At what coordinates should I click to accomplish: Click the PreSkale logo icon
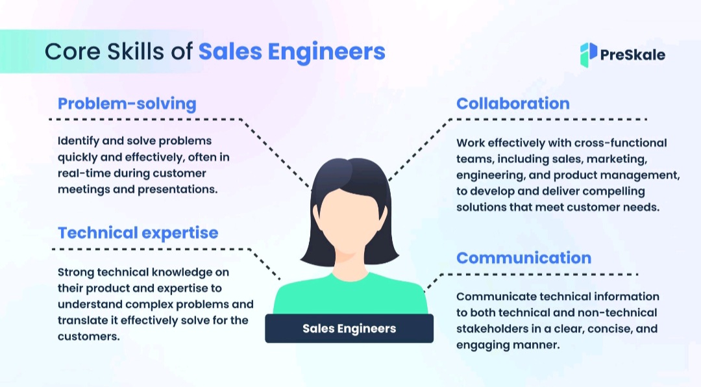pyautogui.click(x=588, y=55)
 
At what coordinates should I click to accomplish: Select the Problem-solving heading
pyautogui.click(x=127, y=103)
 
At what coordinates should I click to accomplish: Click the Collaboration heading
pyautogui.click(x=513, y=103)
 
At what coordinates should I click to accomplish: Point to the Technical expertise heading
pyautogui.click(x=138, y=232)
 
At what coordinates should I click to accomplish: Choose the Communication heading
pyautogui.click(x=524, y=258)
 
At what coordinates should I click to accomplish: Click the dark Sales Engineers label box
pyautogui.click(x=349, y=329)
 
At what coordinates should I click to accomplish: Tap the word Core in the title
pyautogui.click(x=68, y=51)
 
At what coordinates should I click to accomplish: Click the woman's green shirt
pyautogui.click(x=350, y=295)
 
